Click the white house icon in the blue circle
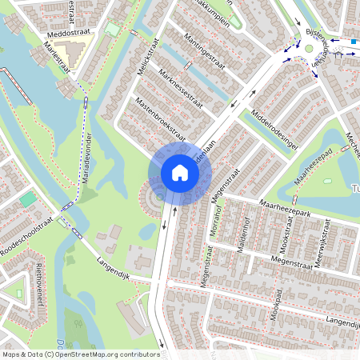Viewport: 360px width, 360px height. point(180,173)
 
